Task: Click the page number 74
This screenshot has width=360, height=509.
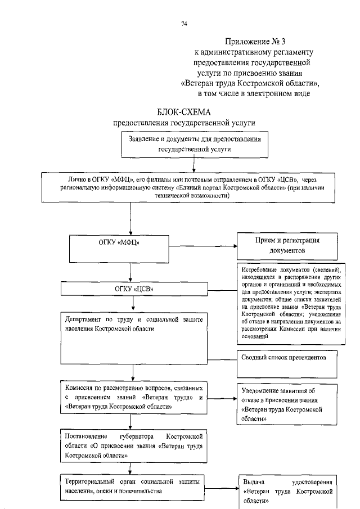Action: (x=184, y=23)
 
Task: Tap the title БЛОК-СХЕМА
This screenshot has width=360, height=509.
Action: (x=184, y=111)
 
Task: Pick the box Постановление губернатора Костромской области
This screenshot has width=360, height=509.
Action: (x=133, y=445)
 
